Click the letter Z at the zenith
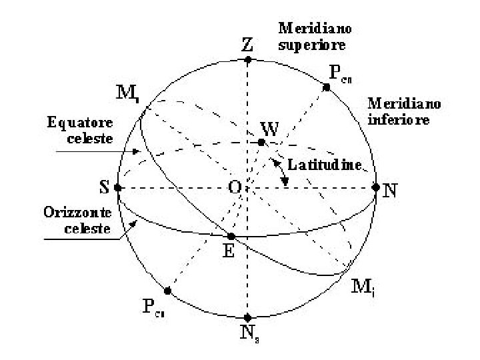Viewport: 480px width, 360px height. pos(247,45)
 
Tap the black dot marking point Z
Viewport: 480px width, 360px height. pos(247,60)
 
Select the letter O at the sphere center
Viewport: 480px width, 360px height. pos(235,189)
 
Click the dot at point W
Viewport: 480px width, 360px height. pos(262,142)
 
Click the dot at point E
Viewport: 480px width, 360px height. pos(231,236)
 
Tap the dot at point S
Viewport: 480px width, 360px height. pos(118,188)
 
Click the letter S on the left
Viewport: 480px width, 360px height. pos(105,187)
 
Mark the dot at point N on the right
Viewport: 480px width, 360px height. pos(375,187)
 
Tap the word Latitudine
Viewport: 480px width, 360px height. pos(324,164)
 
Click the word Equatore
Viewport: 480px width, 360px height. pos(80,123)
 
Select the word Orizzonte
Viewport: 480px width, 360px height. pos(73,213)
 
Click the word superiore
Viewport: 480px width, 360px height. pos(311,46)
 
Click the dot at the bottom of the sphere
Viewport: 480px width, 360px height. pos(247,317)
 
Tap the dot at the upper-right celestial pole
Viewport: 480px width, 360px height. pos(327,87)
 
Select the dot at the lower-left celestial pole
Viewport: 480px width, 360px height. pos(167,291)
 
